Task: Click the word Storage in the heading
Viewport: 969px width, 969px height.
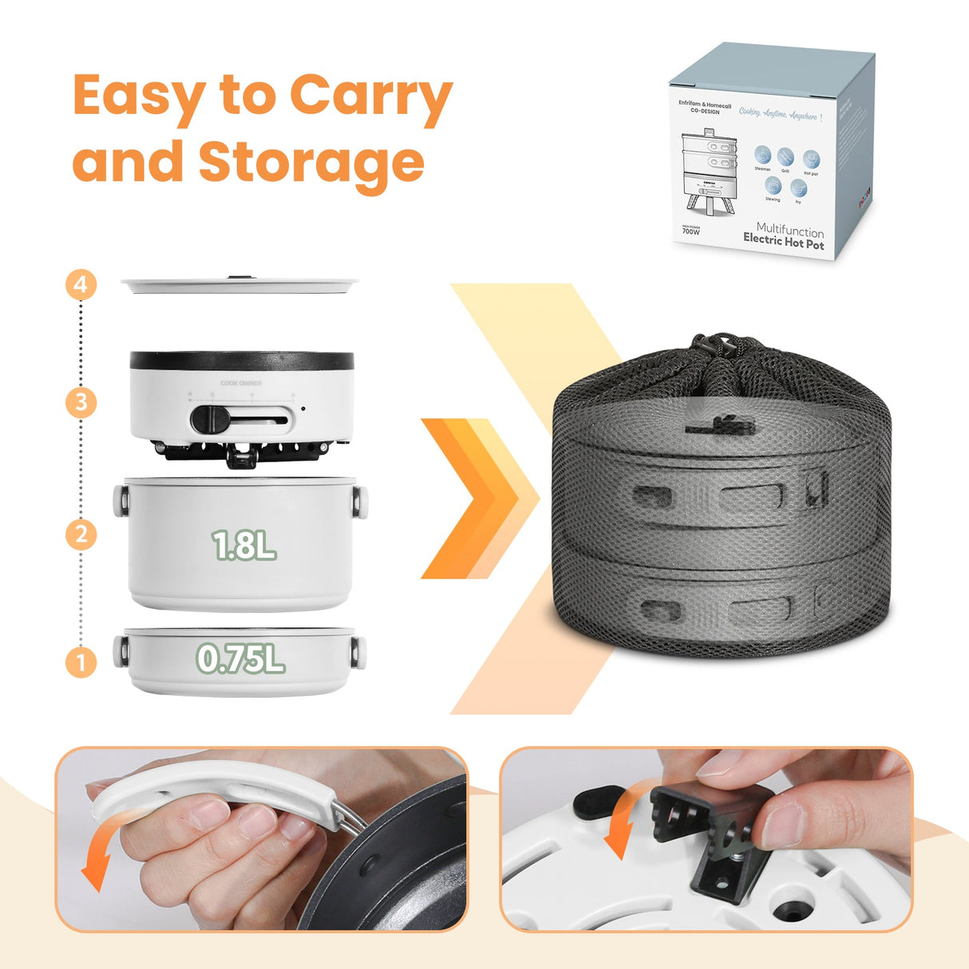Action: [x=310, y=161]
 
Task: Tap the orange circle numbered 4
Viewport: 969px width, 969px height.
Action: [x=81, y=285]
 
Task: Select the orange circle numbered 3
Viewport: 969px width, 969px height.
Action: [x=81, y=401]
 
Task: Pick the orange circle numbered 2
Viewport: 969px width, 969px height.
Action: [x=81, y=533]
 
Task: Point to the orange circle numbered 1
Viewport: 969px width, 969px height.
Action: [x=81, y=662]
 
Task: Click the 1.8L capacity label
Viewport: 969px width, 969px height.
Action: [x=243, y=546]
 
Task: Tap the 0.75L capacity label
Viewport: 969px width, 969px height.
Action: [x=240, y=659]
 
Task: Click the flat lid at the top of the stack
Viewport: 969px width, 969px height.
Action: [x=239, y=284]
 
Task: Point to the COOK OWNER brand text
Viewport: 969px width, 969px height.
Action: [x=241, y=383]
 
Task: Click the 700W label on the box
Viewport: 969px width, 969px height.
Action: [x=690, y=231]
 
